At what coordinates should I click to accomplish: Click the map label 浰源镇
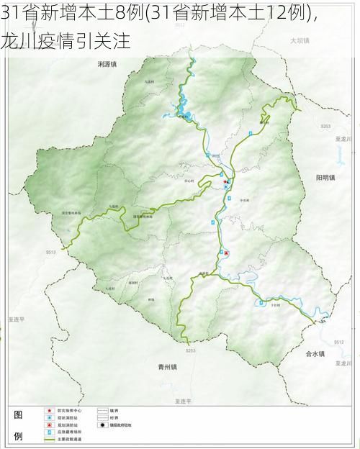click(x=107, y=64)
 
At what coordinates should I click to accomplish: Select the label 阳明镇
click(x=325, y=177)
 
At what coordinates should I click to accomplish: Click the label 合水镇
click(x=315, y=354)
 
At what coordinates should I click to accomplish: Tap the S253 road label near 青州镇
click(x=190, y=350)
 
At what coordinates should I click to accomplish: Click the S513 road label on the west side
click(x=51, y=253)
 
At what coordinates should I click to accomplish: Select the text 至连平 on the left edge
click(x=17, y=317)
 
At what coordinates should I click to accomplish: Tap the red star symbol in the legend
click(x=50, y=411)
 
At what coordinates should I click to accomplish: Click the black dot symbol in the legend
click(x=103, y=425)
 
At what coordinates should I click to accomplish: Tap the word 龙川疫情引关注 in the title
click(x=66, y=41)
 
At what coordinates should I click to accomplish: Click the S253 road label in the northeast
click(x=325, y=126)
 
